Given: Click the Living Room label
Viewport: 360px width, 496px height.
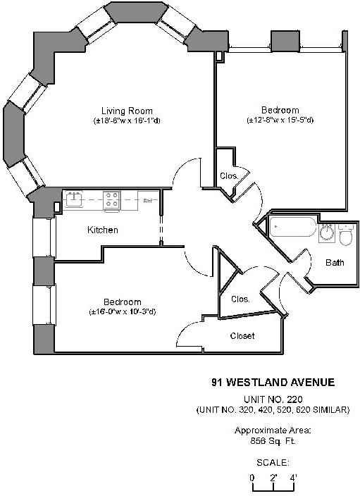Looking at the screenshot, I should click(127, 111).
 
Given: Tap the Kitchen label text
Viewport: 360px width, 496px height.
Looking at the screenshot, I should click(103, 230).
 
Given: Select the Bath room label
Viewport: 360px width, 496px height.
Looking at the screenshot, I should click(335, 263).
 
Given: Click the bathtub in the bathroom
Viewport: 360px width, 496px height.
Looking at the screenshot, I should click(292, 230).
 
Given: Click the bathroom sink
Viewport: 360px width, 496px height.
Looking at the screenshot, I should click(328, 233).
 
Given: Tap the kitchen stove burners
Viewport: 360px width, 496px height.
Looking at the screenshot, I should click(111, 201).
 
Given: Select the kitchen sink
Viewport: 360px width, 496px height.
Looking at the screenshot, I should click(75, 199).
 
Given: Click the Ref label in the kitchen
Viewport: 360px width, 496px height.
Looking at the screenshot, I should click(148, 201).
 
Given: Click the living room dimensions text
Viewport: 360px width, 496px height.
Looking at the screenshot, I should click(127, 120).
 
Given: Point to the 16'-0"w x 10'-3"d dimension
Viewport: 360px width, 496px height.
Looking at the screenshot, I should click(123, 311).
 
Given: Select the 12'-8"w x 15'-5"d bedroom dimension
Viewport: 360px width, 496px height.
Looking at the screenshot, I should click(280, 120).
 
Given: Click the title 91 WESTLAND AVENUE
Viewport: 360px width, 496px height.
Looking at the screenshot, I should click(273, 383).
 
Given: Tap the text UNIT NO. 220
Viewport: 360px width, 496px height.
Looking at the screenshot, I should click(272, 399).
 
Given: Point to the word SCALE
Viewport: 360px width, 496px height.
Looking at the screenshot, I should click(272, 463).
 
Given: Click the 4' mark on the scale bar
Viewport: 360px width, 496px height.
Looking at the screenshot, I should click(292, 478).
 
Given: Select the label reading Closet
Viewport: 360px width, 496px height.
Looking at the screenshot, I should click(242, 336).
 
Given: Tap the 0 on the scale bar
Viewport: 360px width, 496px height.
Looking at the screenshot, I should click(252, 478).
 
